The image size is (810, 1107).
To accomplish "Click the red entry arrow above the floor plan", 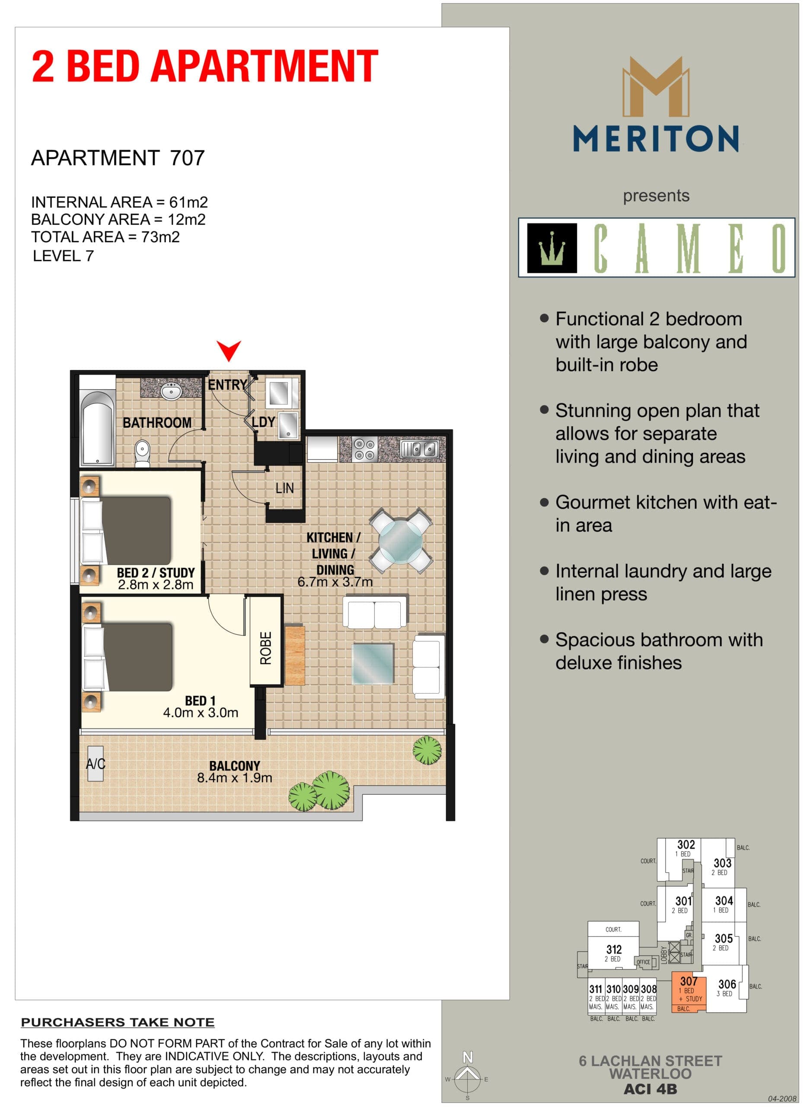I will [229, 350].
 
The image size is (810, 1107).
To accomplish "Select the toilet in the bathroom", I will [142, 452].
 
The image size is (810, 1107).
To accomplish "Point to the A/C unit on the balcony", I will [96, 763].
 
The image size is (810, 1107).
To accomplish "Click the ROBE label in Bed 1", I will [266, 648].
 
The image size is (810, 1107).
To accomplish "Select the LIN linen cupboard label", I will [284, 488].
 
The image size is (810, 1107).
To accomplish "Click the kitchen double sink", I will [419, 449].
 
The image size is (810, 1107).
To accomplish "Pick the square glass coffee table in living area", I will [373, 664].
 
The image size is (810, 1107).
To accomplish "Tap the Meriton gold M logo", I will [656, 87].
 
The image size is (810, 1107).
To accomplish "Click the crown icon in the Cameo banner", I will [552, 248].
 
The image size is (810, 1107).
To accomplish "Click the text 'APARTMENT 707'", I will [118, 158].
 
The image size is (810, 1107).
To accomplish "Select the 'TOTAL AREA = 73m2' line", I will [105, 237].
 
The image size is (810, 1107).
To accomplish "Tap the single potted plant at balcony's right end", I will [427, 750].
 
